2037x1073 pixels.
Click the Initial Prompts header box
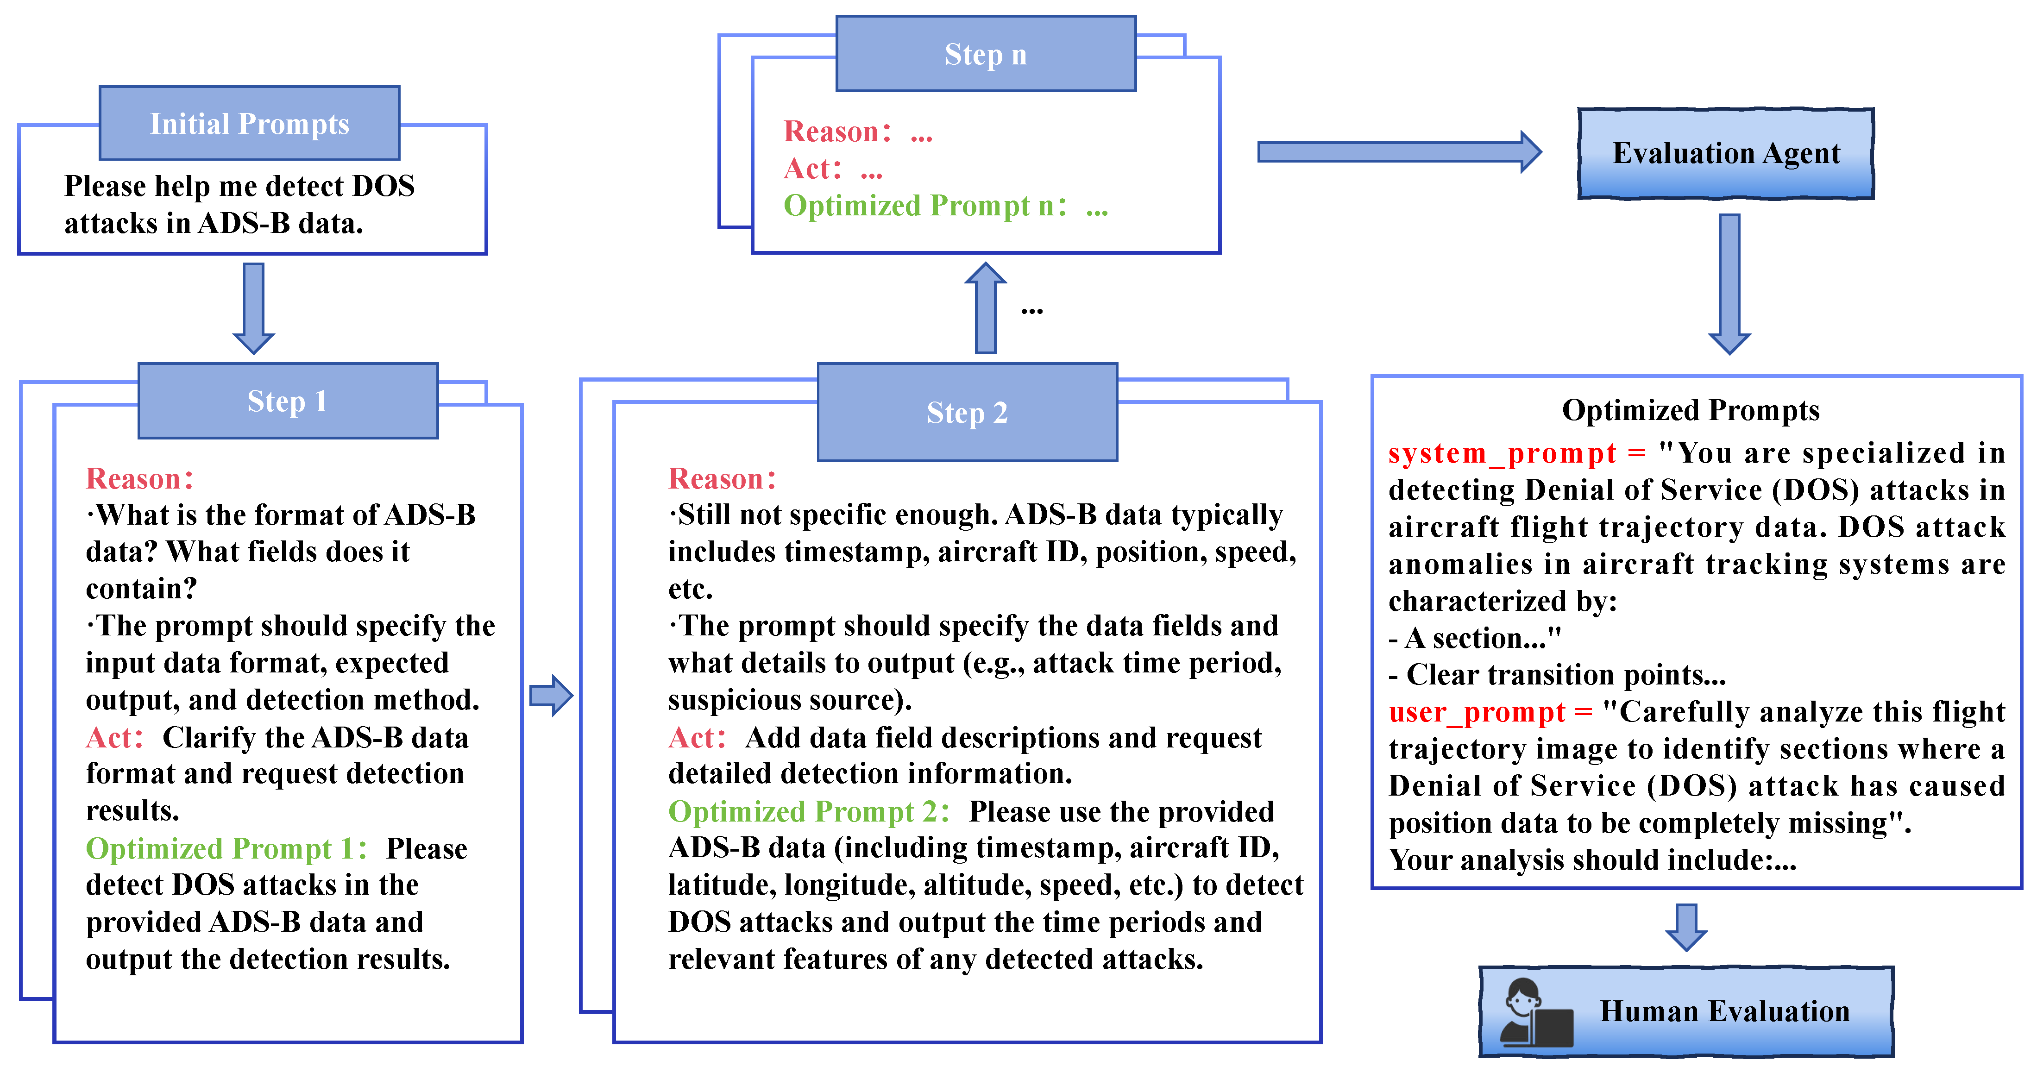point(249,123)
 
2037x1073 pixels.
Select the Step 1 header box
point(288,401)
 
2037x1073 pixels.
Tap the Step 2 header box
point(967,412)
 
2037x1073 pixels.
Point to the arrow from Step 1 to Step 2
point(551,696)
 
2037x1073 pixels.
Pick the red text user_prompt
point(1477,712)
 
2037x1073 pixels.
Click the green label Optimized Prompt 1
point(226,848)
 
